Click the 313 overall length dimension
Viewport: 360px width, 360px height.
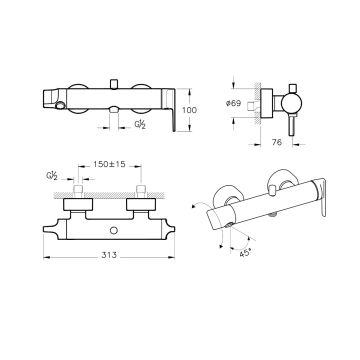pyautogui.click(x=109, y=255)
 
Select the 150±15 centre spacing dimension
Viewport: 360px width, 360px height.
pyautogui.click(x=109, y=164)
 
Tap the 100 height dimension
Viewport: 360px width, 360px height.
pyautogui.click(x=190, y=110)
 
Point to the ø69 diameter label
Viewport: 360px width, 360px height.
pyautogui.click(x=233, y=103)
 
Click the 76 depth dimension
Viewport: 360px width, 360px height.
pyautogui.click(x=277, y=142)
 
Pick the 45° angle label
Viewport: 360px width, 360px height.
pyautogui.click(x=245, y=253)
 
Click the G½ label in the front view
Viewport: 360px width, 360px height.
pyautogui.click(x=140, y=125)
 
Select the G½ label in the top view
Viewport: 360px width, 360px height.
pyautogui.click(x=52, y=176)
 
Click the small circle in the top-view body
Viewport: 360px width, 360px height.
pyautogui.click(x=114, y=230)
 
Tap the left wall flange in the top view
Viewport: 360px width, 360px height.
pyautogui.click(x=78, y=204)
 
